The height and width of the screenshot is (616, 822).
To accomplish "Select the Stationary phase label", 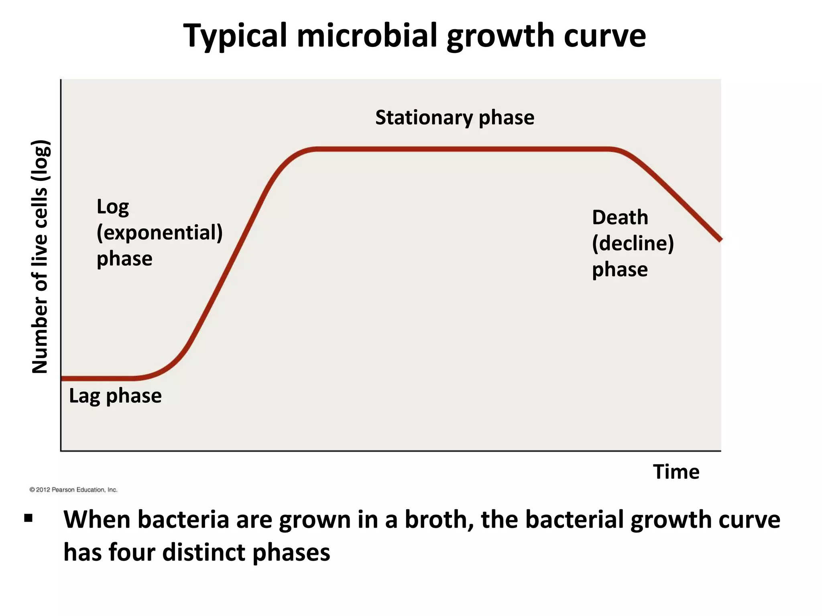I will [454, 118].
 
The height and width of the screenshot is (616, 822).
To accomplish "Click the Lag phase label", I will [115, 396].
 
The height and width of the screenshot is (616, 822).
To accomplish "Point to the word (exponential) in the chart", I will [159, 233].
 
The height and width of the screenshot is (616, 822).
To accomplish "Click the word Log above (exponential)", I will [113, 207].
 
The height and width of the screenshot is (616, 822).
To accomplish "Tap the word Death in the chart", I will [620, 217].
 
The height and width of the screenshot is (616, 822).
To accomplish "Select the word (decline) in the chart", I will [633, 243].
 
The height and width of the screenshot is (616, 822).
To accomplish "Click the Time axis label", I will [676, 472].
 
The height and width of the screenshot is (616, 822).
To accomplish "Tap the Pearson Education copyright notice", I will [73, 490].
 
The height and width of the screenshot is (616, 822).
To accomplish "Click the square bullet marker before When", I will [28, 519].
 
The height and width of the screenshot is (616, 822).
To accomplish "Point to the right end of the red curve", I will [720, 239].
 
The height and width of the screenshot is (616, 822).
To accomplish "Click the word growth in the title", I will [499, 36].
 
